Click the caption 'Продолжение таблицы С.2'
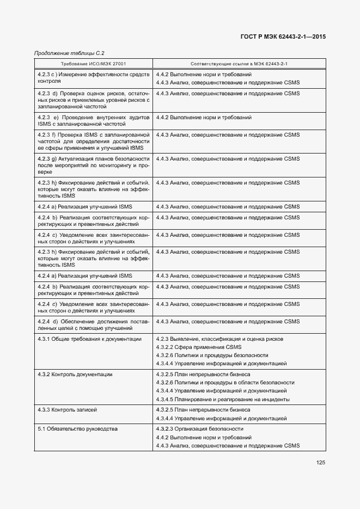coord(69,53)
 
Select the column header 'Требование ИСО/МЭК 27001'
coord(93,64)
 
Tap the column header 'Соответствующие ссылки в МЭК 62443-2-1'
coord(239,64)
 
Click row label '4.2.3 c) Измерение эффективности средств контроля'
coord(93,77)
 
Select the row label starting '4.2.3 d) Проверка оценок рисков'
coord(93,100)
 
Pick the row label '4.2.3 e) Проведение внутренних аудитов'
coord(93,120)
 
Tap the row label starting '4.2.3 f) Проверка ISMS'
coord(93,140)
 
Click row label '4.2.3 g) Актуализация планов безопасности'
coord(93,165)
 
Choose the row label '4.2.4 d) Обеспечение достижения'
coord(93,325)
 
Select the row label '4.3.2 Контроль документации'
coord(75,375)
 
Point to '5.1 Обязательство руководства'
coord(77,429)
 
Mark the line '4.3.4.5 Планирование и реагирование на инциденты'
coord(223,399)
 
